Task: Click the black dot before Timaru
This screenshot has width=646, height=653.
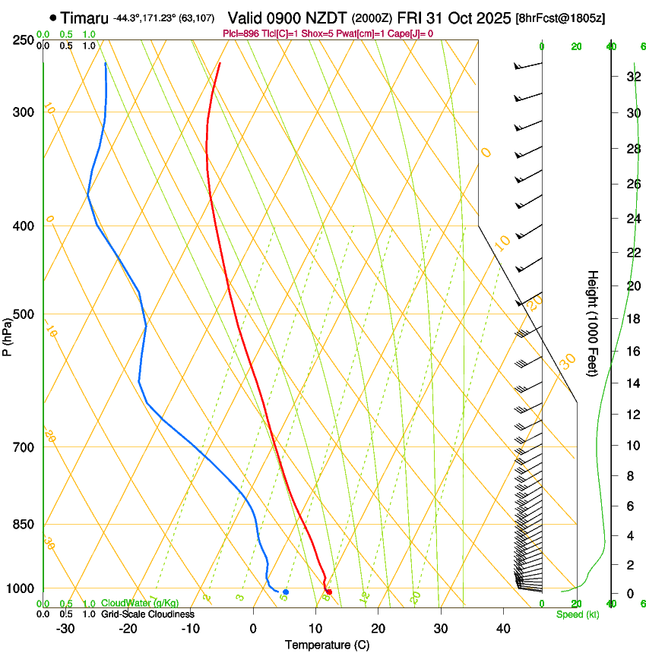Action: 52,17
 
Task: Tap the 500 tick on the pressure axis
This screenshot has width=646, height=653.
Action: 24,314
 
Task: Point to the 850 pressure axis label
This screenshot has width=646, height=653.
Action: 24,525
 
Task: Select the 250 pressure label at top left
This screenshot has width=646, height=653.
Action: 24,40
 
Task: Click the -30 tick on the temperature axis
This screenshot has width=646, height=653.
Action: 65,629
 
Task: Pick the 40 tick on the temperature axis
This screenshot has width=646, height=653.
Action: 502,629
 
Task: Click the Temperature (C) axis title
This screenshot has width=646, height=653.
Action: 327,645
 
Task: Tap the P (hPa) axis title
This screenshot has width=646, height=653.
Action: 8,333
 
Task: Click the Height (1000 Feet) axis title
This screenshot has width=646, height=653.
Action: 593,323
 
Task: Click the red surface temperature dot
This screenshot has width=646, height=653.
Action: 329,591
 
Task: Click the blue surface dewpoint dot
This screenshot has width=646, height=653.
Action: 286,591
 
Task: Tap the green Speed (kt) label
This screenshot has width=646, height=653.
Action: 578,614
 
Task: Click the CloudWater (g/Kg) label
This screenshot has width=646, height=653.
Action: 140,604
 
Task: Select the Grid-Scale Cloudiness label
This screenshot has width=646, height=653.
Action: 147,614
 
